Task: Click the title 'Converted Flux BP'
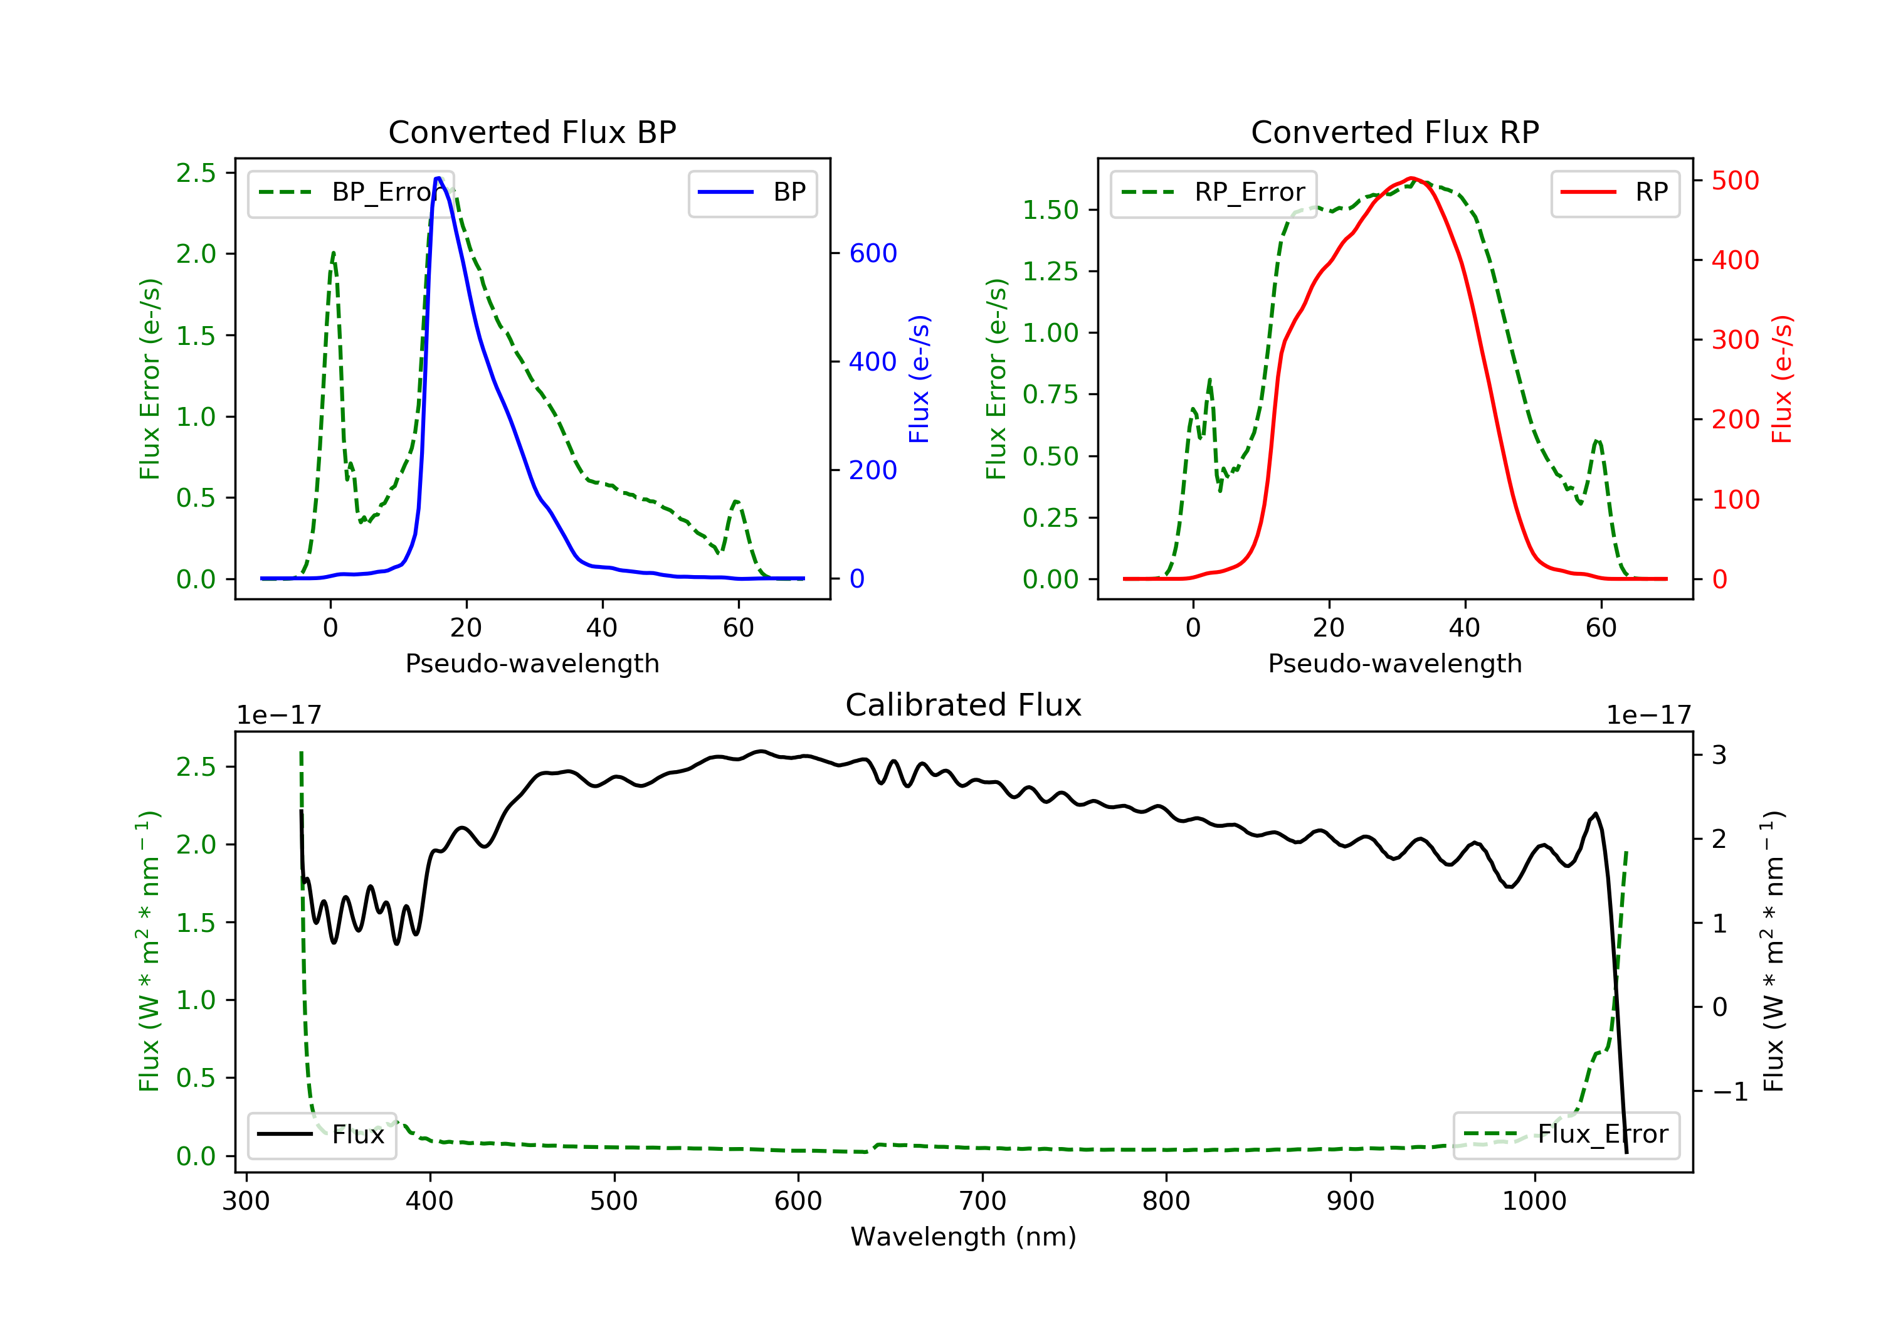pyautogui.click(x=532, y=132)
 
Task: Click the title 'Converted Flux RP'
pyautogui.click(x=1394, y=132)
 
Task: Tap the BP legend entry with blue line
pyautogui.click(x=752, y=193)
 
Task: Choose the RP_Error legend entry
pyautogui.click(x=1213, y=193)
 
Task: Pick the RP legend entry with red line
pyautogui.click(x=1615, y=193)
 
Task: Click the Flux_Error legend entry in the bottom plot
pyautogui.click(x=1566, y=1135)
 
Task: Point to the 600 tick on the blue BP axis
pyautogui.click(x=873, y=253)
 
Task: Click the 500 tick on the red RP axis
pyautogui.click(x=1735, y=180)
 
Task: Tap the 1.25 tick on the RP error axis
pyautogui.click(x=1050, y=272)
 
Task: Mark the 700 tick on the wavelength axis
pyautogui.click(x=983, y=1202)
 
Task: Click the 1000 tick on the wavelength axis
pyautogui.click(x=1534, y=1202)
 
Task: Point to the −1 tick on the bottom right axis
pyautogui.click(x=1729, y=1092)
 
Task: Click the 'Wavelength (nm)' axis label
pyautogui.click(x=964, y=1237)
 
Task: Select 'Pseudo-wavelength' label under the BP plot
pyautogui.click(x=532, y=663)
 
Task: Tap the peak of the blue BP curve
pyautogui.click(x=438, y=178)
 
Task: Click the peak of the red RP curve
pyautogui.click(x=1411, y=178)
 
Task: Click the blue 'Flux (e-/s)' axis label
pyautogui.click(x=919, y=379)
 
